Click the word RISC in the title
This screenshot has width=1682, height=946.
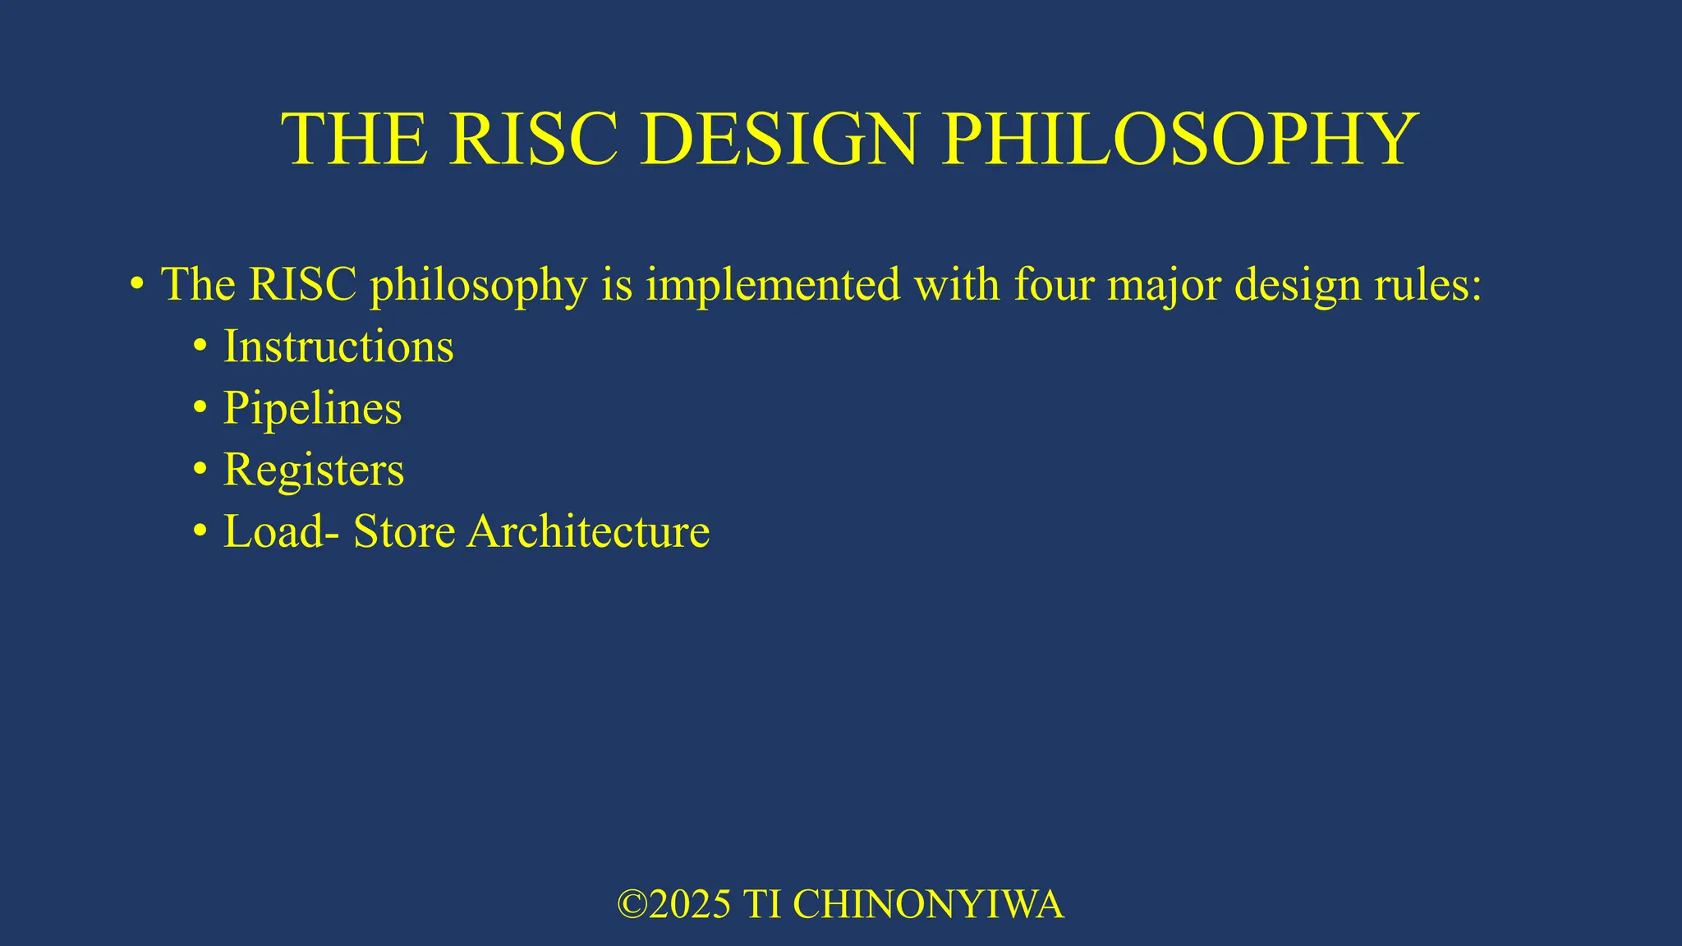(534, 139)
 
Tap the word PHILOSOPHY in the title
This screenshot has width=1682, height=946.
(1179, 139)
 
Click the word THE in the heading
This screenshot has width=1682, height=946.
(354, 139)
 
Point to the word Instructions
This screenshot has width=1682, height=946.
(338, 346)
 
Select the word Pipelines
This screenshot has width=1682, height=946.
(312, 408)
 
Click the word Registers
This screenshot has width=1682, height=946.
(314, 470)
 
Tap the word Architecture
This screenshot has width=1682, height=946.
(588, 531)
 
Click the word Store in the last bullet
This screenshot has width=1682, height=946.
(404, 531)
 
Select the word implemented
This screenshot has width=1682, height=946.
(773, 284)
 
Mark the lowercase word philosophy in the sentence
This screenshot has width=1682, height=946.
(479, 286)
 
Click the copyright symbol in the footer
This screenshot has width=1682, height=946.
(632, 905)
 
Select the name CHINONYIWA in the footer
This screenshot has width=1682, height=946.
(928, 905)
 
